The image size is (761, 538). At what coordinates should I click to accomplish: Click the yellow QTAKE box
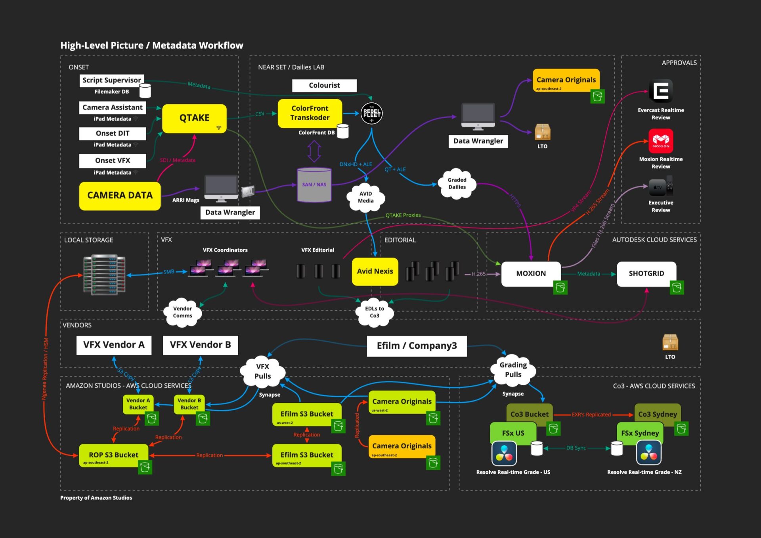point(194,118)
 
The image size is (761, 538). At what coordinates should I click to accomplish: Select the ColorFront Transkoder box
point(310,113)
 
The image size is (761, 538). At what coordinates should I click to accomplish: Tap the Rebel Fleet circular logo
point(371,113)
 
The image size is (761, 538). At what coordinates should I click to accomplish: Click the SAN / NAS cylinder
point(314,185)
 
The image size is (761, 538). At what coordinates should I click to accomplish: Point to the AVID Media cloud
point(365,197)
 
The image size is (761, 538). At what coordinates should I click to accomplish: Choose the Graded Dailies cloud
point(457,183)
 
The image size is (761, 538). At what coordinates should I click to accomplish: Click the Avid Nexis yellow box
point(375,271)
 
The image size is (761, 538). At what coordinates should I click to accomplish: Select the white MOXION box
point(531,273)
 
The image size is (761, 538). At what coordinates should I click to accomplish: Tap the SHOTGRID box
point(646,273)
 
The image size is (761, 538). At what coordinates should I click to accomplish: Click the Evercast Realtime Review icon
point(661,91)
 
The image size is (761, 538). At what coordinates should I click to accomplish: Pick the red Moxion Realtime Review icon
point(661,141)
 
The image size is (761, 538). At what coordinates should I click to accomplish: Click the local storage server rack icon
point(104,275)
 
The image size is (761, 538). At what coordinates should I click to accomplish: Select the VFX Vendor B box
point(200,345)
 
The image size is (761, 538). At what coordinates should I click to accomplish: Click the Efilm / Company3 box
point(417,346)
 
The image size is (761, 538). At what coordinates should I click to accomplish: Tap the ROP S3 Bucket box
point(113,455)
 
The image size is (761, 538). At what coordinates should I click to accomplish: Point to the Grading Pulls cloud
point(513,370)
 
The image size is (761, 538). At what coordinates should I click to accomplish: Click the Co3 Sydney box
point(657,414)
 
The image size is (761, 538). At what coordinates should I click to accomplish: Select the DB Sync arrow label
point(576,448)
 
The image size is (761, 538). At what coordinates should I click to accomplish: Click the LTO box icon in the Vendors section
point(670,342)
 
